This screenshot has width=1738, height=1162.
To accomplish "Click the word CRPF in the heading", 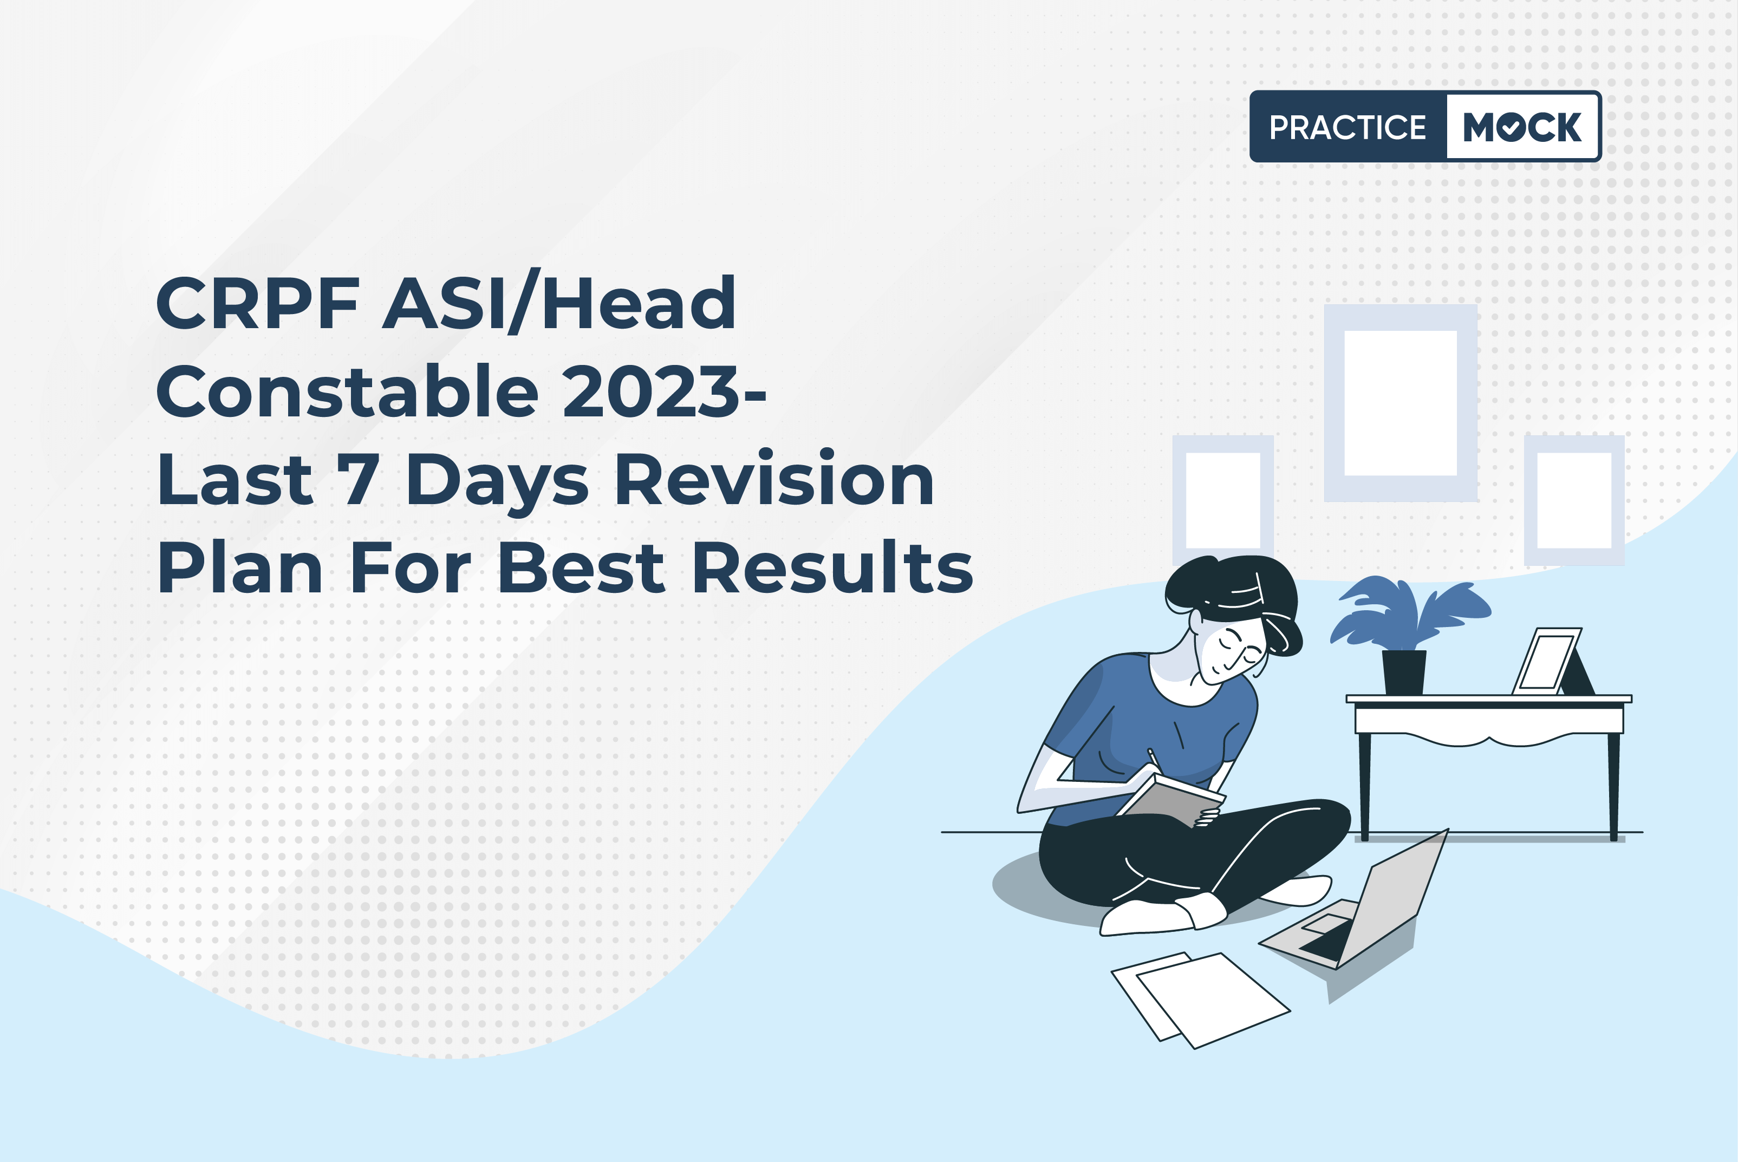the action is click(x=258, y=303).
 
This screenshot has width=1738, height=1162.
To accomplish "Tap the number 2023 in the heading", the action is click(x=652, y=390).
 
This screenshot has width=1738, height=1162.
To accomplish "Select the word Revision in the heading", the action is click(x=774, y=479).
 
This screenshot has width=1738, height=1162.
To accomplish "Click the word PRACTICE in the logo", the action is click(x=1348, y=127).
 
